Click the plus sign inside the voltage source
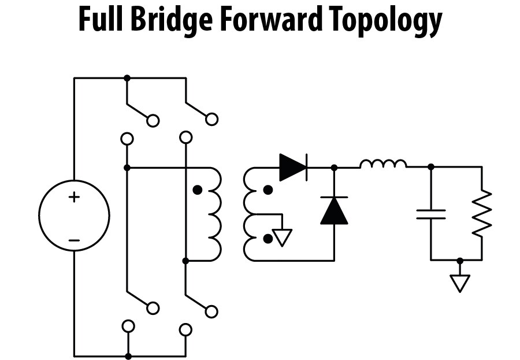click(x=74, y=197)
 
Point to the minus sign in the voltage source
click(x=74, y=239)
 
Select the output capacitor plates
click(x=430, y=214)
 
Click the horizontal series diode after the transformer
click(x=292, y=167)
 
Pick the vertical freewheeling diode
click(x=334, y=210)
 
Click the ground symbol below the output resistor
click(x=460, y=283)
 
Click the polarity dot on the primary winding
click(x=198, y=190)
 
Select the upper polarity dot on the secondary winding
click(x=268, y=190)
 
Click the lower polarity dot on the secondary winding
click(x=268, y=238)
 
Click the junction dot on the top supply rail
click(x=127, y=77)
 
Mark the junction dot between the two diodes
click(x=334, y=168)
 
